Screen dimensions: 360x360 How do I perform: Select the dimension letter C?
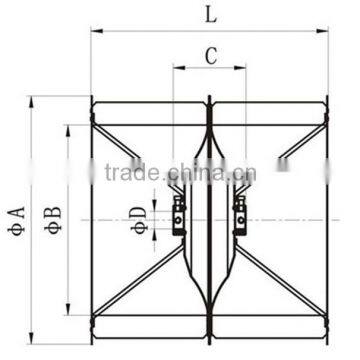(211, 56)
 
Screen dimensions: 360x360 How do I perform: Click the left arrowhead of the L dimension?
(96, 30)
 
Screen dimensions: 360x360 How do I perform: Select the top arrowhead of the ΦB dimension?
(68, 128)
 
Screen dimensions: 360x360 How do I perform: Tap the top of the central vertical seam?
(211, 99)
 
